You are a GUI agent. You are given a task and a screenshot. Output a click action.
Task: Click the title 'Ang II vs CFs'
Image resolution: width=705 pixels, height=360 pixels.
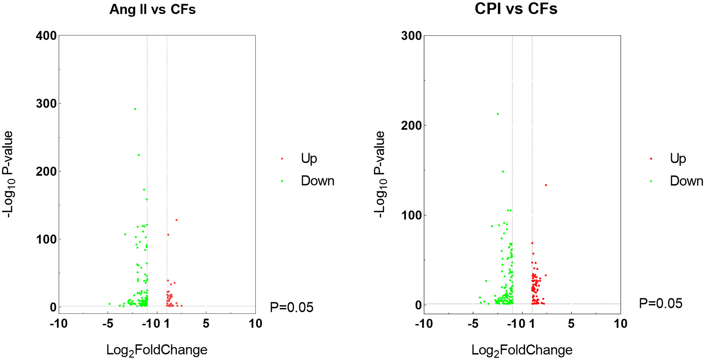pyautogui.click(x=152, y=10)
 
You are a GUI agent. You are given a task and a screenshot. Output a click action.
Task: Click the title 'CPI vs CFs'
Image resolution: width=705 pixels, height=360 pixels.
pyautogui.click(x=516, y=9)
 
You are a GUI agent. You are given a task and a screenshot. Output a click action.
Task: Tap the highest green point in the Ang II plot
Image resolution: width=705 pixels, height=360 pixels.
pyautogui.click(x=135, y=109)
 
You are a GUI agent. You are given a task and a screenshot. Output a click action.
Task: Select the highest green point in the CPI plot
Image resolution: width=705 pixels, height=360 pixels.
pyautogui.click(x=497, y=114)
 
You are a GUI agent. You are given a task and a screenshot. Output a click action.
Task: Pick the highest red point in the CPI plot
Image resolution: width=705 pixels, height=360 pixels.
pyautogui.click(x=546, y=185)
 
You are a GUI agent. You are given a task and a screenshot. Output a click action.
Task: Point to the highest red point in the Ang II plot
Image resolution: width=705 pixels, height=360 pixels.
pyautogui.click(x=176, y=220)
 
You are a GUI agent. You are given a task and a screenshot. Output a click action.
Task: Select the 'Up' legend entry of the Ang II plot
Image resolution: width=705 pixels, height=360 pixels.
pyautogui.click(x=309, y=158)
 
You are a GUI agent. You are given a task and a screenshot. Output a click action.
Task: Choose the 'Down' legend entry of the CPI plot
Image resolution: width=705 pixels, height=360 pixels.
pyautogui.click(x=686, y=181)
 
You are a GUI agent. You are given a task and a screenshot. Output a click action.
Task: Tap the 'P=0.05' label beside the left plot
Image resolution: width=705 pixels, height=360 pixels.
pyautogui.click(x=292, y=307)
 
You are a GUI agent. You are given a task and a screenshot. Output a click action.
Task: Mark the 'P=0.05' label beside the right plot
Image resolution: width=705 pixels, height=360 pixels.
pyautogui.click(x=660, y=304)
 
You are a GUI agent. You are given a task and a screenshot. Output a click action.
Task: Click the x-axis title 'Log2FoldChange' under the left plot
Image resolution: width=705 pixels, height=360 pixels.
pyautogui.click(x=157, y=350)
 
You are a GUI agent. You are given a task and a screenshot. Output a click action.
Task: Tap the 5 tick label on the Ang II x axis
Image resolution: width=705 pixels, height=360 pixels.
pyautogui.click(x=206, y=323)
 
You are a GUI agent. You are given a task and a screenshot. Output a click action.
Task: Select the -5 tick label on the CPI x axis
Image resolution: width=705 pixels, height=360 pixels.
pyautogui.click(x=473, y=323)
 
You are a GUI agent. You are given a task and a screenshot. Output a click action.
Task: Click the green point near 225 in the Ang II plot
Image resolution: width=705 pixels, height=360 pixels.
pyautogui.click(x=138, y=155)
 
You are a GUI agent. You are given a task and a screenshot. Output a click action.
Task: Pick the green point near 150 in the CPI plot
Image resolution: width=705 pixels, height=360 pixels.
pyautogui.click(x=502, y=171)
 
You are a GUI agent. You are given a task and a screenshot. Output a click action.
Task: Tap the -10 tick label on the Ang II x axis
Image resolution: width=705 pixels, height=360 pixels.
pyautogui.click(x=58, y=323)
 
